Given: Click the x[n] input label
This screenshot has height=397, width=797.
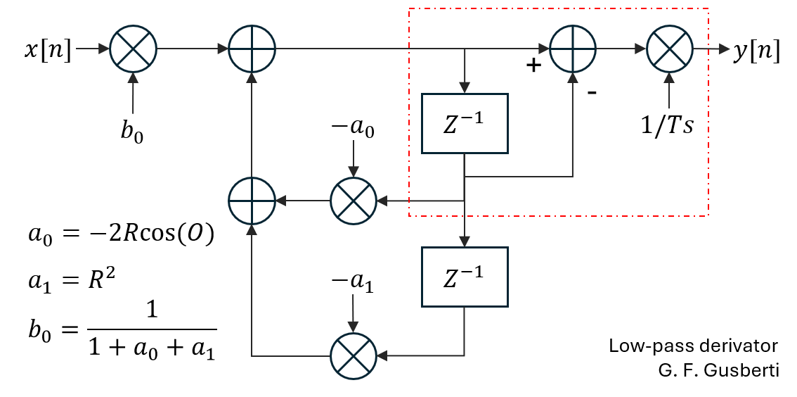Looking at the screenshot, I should click(48, 51).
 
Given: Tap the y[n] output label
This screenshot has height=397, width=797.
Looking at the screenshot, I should click(756, 51).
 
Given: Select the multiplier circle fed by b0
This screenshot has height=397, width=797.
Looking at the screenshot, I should click(134, 49).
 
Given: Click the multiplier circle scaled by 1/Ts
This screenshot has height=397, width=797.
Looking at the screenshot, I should click(669, 49).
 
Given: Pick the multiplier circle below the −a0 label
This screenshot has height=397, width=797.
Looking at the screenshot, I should click(354, 201).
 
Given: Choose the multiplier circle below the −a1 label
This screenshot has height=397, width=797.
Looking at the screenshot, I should click(354, 355).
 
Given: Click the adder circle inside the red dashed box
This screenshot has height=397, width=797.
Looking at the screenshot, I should click(573, 49).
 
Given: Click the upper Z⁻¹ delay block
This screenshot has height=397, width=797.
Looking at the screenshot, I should click(463, 122).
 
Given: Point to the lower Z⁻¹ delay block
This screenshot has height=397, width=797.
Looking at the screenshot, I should click(463, 276).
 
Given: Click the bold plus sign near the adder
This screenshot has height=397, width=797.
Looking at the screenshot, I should click(534, 66).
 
